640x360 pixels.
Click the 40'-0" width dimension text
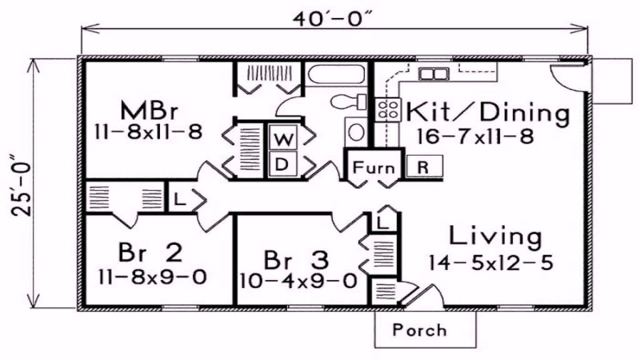click(x=333, y=19)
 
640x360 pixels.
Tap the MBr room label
click(x=149, y=111)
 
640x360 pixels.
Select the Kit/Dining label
click(x=487, y=112)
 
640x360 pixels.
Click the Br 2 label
click(x=150, y=253)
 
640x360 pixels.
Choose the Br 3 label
click(x=296, y=261)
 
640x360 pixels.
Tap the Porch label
click(x=419, y=330)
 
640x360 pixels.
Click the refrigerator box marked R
click(x=424, y=166)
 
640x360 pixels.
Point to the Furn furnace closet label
click(x=374, y=167)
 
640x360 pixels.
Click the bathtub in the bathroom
click(x=336, y=74)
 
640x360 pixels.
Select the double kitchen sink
click(x=433, y=74)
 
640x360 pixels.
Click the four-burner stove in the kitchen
click(x=387, y=109)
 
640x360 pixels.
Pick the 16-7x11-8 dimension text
click(x=475, y=136)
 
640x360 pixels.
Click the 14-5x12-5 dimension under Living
click(x=491, y=262)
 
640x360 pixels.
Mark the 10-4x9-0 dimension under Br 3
click(x=298, y=281)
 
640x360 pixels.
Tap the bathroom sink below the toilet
click(x=356, y=131)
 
